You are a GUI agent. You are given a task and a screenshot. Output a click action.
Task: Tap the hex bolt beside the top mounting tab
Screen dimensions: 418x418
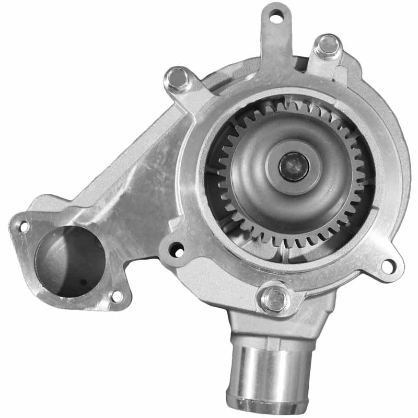(329, 45)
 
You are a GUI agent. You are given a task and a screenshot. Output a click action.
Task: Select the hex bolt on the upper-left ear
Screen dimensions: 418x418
(178, 79)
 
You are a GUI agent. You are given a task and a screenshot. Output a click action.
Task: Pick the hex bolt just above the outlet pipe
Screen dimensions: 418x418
(275, 299)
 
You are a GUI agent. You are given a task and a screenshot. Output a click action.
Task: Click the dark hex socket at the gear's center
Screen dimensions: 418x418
(294, 166)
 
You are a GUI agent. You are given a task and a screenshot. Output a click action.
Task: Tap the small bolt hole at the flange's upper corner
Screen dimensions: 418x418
(24, 226)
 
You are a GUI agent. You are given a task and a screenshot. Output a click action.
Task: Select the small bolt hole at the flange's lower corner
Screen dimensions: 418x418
(117, 296)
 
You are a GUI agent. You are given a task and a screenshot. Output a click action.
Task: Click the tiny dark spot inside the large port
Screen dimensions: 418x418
(83, 282)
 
